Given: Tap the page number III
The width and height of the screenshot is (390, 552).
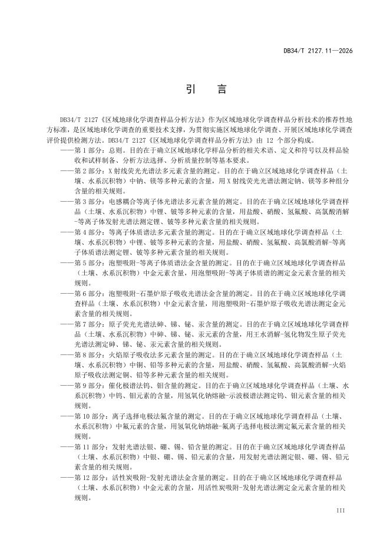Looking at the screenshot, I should pyautogui.click(x=340, y=509).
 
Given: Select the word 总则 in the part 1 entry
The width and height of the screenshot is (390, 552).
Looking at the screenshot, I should pyautogui.click(x=115, y=150).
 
